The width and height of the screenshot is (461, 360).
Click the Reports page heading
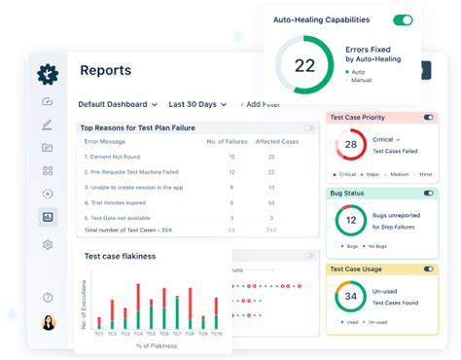105,70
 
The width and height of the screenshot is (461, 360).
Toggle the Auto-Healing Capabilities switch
402,19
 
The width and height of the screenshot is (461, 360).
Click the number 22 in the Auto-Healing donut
304,66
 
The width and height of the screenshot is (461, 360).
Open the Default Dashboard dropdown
118,104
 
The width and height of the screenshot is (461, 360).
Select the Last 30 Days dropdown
197,104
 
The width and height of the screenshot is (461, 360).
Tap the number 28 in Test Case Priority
350,145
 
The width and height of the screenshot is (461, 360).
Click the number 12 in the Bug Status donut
350,220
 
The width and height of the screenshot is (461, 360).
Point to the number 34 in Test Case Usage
350,295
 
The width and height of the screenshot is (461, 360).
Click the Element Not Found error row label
113,156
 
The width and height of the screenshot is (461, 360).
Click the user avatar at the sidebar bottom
48,323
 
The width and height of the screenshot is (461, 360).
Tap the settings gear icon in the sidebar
48,244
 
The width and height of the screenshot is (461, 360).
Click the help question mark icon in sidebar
48,297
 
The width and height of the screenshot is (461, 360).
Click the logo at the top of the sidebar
48,73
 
